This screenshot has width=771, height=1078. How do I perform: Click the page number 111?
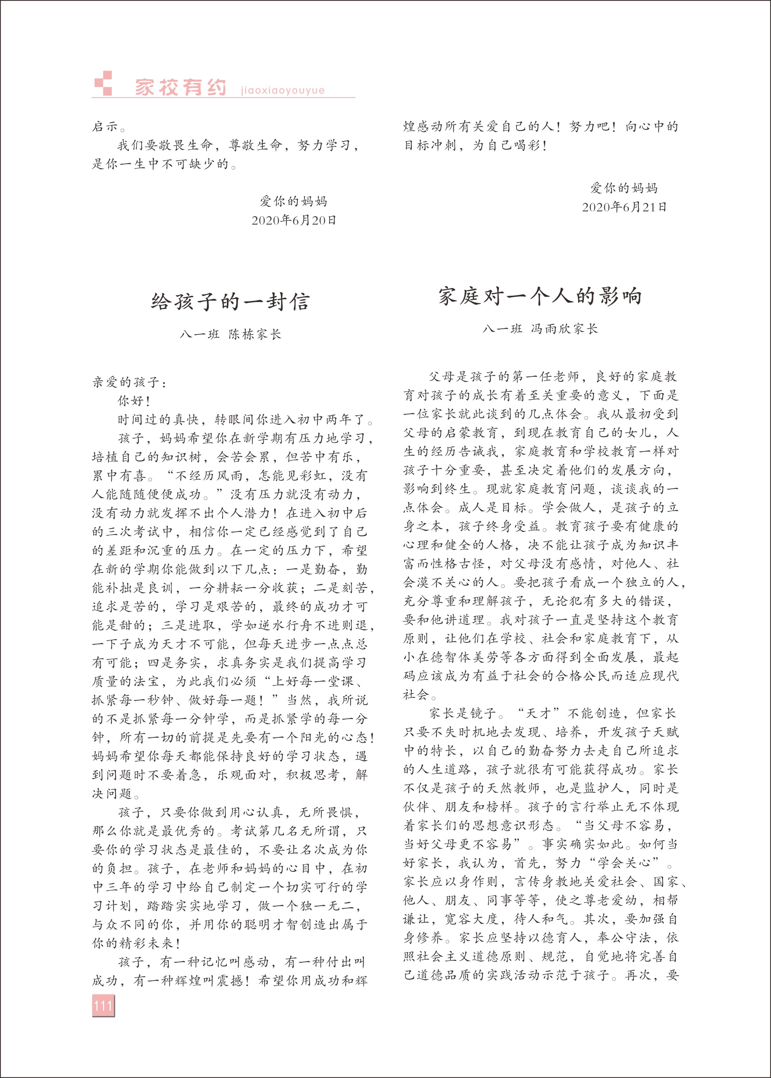tap(103, 1005)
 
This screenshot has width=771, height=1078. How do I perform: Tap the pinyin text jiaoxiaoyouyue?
tap(283, 90)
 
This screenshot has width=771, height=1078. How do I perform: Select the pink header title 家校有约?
tap(181, 87)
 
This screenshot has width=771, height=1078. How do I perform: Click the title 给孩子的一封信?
tap(230, 301)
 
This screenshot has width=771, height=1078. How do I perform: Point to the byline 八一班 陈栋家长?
tap(230, 334)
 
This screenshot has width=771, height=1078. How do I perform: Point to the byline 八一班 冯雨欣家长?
tap(540, 329)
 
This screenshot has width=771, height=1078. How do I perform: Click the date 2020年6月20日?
tap(293, 220)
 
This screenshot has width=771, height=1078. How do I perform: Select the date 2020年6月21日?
tap(624, 207)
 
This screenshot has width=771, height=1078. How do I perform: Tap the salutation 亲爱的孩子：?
tap(129, 382)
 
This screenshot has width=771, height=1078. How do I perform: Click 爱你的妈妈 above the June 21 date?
tap(624, 188)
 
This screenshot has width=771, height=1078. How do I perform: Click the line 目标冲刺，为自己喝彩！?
tap(475, 145)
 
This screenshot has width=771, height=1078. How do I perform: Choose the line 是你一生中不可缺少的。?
tap(164, 164)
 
